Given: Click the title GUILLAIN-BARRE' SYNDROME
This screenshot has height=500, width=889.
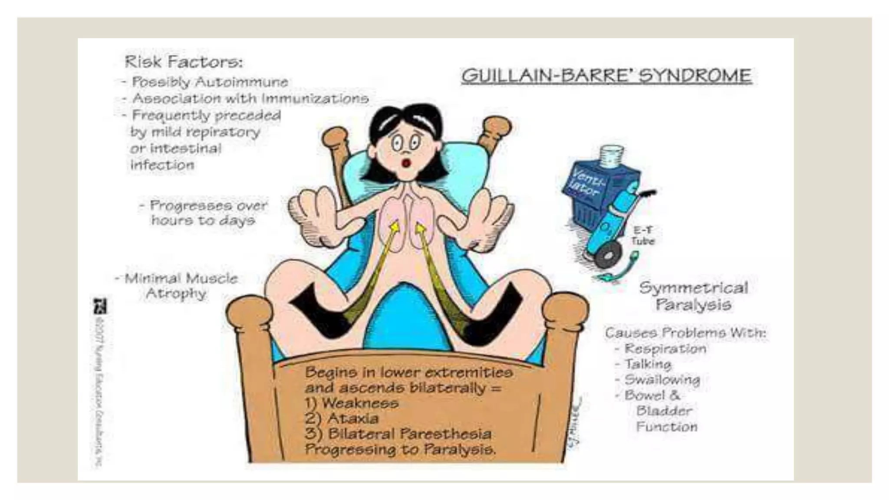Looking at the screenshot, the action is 606,76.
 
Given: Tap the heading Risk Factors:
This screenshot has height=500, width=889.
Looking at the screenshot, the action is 184,62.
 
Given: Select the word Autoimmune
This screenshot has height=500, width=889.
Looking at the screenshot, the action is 241,82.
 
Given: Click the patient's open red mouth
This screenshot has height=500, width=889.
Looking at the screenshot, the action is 406,163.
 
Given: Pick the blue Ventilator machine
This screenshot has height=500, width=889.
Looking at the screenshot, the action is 599,191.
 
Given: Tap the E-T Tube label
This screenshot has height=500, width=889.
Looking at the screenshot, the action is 642,236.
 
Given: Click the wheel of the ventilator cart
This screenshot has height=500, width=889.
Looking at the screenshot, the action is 608,255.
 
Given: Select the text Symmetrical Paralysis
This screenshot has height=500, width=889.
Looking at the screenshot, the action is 693,296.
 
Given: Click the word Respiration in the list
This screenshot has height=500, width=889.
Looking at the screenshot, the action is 665,349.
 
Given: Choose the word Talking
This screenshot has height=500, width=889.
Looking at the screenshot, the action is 648,364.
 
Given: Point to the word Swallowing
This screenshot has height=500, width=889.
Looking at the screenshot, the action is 662,380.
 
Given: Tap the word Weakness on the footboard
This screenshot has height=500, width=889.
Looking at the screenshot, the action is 360,403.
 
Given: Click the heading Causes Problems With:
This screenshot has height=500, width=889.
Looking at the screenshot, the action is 685,333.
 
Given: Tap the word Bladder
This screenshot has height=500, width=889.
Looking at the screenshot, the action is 664,411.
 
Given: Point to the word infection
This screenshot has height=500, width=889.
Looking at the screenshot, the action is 162,165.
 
